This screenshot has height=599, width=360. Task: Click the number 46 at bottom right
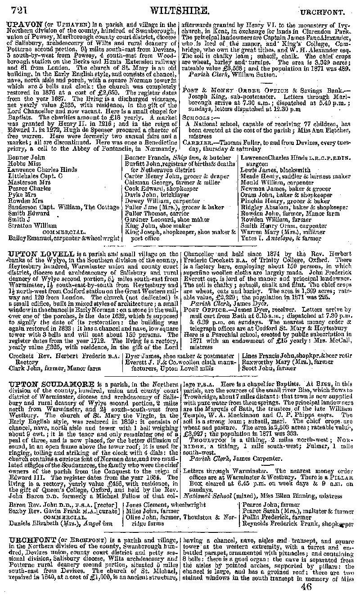306,586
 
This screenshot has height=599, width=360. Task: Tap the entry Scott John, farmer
263,368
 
